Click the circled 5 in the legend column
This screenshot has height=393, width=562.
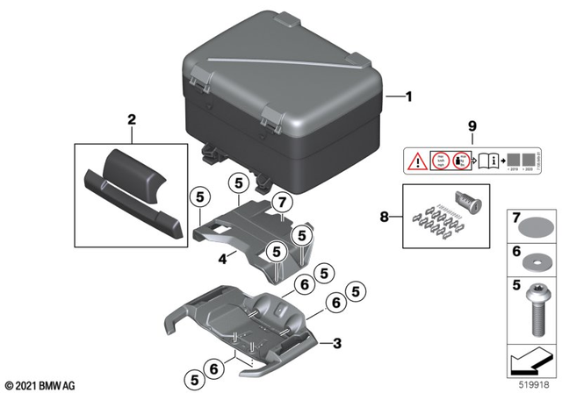click(x=516, y=285)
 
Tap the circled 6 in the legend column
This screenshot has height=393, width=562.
click(x=516, y=250)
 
